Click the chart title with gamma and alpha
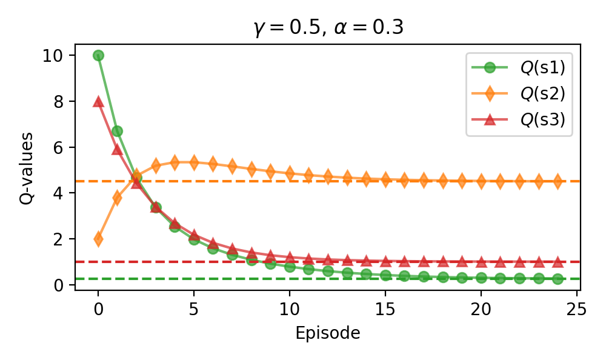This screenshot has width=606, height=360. click(x=328, y=28)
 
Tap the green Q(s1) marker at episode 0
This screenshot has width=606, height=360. click(x=98, y=55)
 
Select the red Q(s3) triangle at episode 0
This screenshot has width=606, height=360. click(x=98, y=101)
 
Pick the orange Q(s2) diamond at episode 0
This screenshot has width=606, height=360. click(x=98, y=239)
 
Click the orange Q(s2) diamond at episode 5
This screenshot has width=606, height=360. click(x=194, y=162)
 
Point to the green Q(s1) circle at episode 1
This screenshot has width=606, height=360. click(x=118, y=131)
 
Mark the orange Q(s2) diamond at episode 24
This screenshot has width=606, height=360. click(x=558, y=181)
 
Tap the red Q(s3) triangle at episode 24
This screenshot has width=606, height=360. click(x=558, y=262)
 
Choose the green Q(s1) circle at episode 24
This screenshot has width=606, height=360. click(x=558, y=279)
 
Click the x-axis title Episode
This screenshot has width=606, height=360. click(x=328, y=333)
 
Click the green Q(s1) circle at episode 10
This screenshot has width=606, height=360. click(x=290, y=267)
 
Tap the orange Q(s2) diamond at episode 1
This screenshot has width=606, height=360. click(x=118, y=198)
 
